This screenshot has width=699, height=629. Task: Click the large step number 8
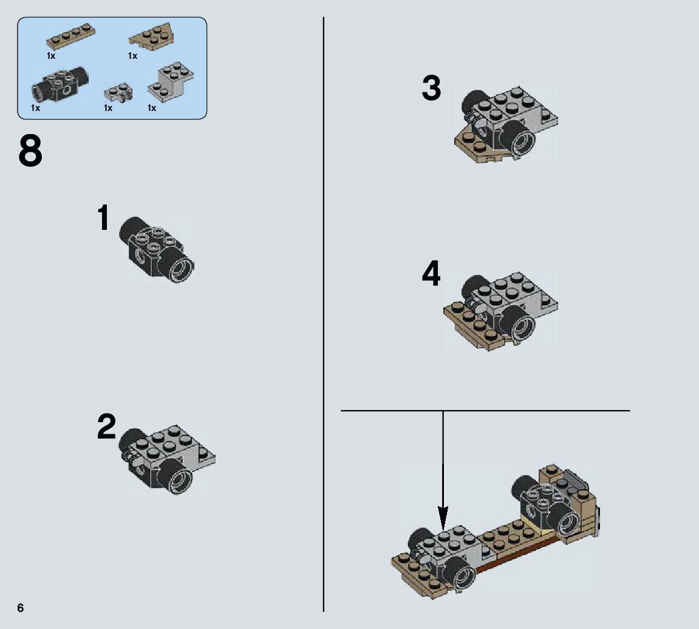(x=30, y=152)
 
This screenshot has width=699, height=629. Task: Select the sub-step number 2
(x=106, y=426)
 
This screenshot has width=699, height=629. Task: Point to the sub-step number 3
(x=432, y=88)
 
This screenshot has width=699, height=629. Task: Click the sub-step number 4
(x=431, y=274)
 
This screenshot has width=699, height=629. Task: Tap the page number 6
(x=21, y=608)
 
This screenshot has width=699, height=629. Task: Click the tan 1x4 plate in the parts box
(x=70, y=36)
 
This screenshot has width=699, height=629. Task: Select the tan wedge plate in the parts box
(x=152, y=35)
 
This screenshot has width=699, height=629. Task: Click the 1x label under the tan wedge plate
(x=132, y=56)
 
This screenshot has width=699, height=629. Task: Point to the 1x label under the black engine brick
(x=36, y=108)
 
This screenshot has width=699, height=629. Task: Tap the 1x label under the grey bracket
(x=152, y=108)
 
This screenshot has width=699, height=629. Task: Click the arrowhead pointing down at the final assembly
(x=443, y=518)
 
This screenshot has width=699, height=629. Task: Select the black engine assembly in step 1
(x=157, y=249)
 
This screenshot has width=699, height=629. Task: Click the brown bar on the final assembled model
(x=517, y=556)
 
